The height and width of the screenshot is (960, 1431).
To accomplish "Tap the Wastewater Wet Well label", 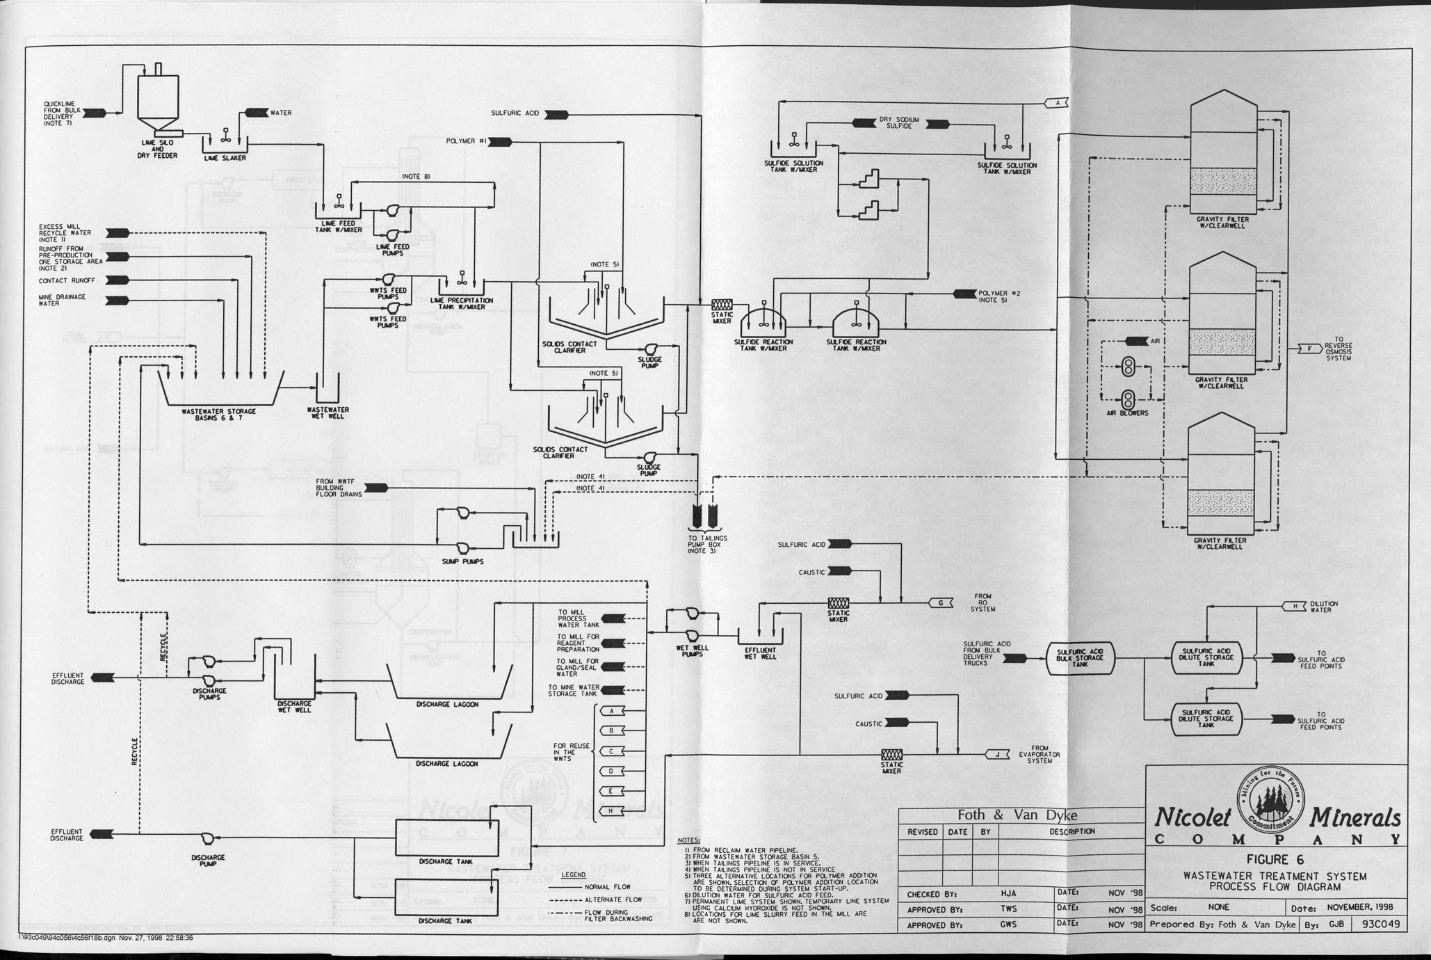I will [x=328, y=413].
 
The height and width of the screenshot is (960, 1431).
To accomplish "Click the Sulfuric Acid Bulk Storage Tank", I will [x=1080, y=657].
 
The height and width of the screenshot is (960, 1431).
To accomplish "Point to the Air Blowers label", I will [x=1127, y=413].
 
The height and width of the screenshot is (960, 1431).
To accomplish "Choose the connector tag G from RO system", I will [x=941, y=603].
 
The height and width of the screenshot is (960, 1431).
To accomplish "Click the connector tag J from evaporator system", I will [x=998, y=754].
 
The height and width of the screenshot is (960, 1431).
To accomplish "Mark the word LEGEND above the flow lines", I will [x=574, y=874].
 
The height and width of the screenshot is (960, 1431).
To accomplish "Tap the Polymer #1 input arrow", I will [x=501, y=142].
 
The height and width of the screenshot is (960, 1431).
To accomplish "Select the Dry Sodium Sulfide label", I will [x=900, y=123].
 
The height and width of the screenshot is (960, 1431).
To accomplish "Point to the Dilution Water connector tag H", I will [x=1295, y=607].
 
